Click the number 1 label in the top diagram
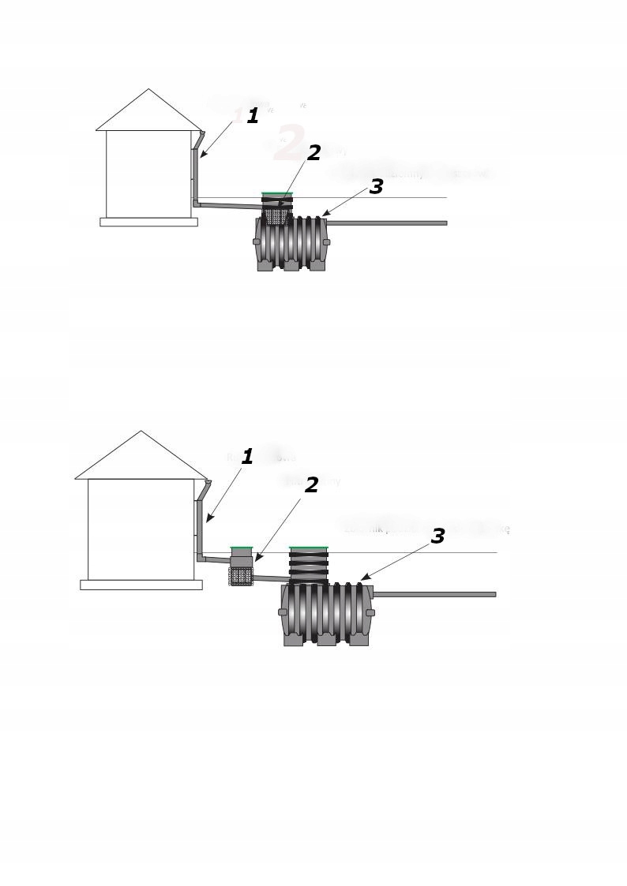(253, 116)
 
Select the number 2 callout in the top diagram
(313, 153)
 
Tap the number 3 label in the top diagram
(376, 187)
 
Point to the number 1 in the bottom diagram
(247, 457)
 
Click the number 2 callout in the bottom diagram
(311, 485)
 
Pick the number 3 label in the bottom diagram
(437, 536)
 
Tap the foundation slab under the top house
(148, 222)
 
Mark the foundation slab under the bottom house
(141, 585)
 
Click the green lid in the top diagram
(277, 193)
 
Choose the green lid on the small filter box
(242, 548)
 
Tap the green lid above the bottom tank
(308, 547)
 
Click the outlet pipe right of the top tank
(387, 223)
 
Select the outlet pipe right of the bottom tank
(434, 594)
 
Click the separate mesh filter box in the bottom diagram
(241, 575)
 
